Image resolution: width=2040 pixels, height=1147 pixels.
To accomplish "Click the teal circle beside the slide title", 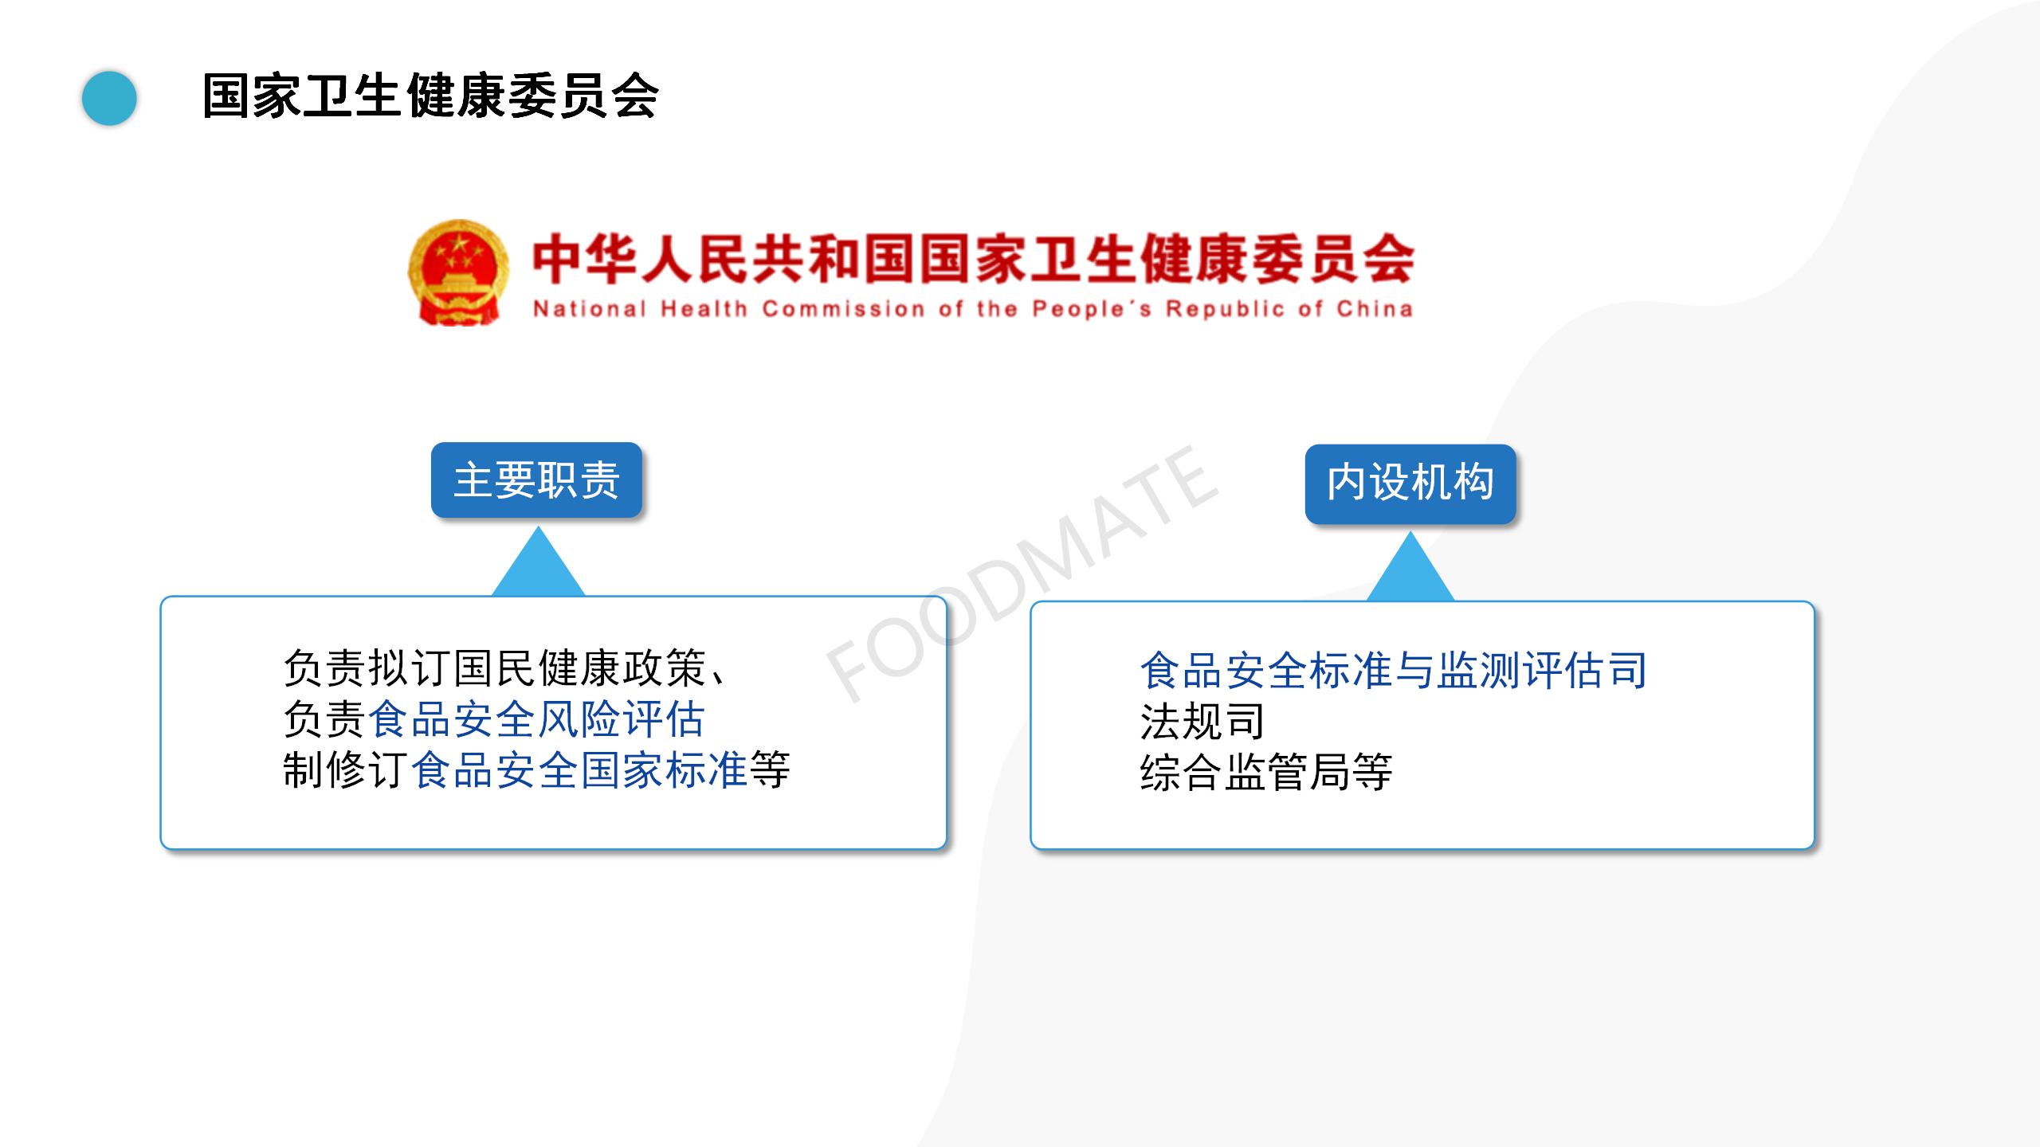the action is [x=109, y=98].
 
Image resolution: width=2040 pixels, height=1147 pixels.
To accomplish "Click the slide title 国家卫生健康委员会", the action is [x=430, y=96].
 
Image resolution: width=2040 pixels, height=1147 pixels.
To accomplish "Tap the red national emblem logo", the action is [x=458, y=272].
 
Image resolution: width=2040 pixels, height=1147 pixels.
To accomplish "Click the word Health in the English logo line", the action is [x=704, y=309].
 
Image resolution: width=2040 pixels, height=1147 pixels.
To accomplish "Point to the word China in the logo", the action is [x=1375, y=309].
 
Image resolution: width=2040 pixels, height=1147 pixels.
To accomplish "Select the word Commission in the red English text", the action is [x=844, y=309].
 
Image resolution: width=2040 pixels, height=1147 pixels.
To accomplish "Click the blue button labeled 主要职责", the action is [x=536, y=480].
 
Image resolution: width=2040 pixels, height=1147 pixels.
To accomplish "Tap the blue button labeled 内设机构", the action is [x=1410, y=483].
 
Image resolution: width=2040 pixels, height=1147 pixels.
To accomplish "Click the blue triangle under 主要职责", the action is [x=539, y=562].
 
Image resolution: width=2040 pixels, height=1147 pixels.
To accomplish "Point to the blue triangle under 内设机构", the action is [x=1410, y=567].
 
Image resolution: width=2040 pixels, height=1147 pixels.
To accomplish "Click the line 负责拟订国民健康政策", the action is [x=495, y=668].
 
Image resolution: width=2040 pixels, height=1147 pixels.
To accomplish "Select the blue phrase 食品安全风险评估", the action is [x=536, y=719].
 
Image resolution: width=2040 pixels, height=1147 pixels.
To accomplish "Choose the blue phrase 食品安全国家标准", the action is [x=579, y=770].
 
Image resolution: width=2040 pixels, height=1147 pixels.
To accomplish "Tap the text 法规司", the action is [x=1202, y=722].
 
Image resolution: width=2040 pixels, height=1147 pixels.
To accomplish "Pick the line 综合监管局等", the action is [x=1266, y=773].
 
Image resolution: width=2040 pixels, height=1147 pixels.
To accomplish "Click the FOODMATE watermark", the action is [x=1021, y=574].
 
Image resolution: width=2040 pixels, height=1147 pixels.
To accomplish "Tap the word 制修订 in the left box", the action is [x=347, y=770].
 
